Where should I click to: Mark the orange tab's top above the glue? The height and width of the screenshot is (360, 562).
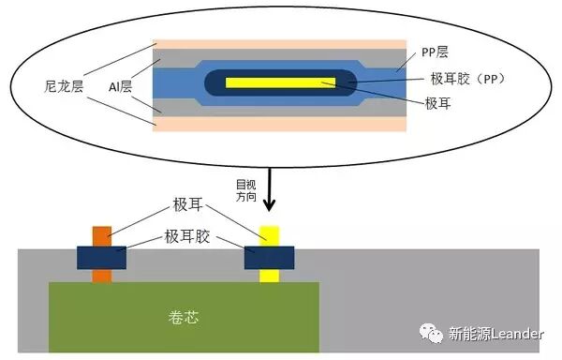pyautogui.click(x=101, y=235)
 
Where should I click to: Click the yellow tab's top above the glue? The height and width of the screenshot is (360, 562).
pyautogui.click(x=269, y=235)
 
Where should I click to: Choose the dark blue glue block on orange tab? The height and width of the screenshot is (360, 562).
pyautogui.click(x=101, y=255)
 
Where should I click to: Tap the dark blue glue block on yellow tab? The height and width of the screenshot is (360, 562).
pyautogui.click(x=269, y=255)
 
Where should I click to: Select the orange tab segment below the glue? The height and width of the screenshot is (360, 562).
pyautogui.click(x=101, y=274)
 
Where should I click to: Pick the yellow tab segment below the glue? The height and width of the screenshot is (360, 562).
pyautogui.click(x=269, y=274)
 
